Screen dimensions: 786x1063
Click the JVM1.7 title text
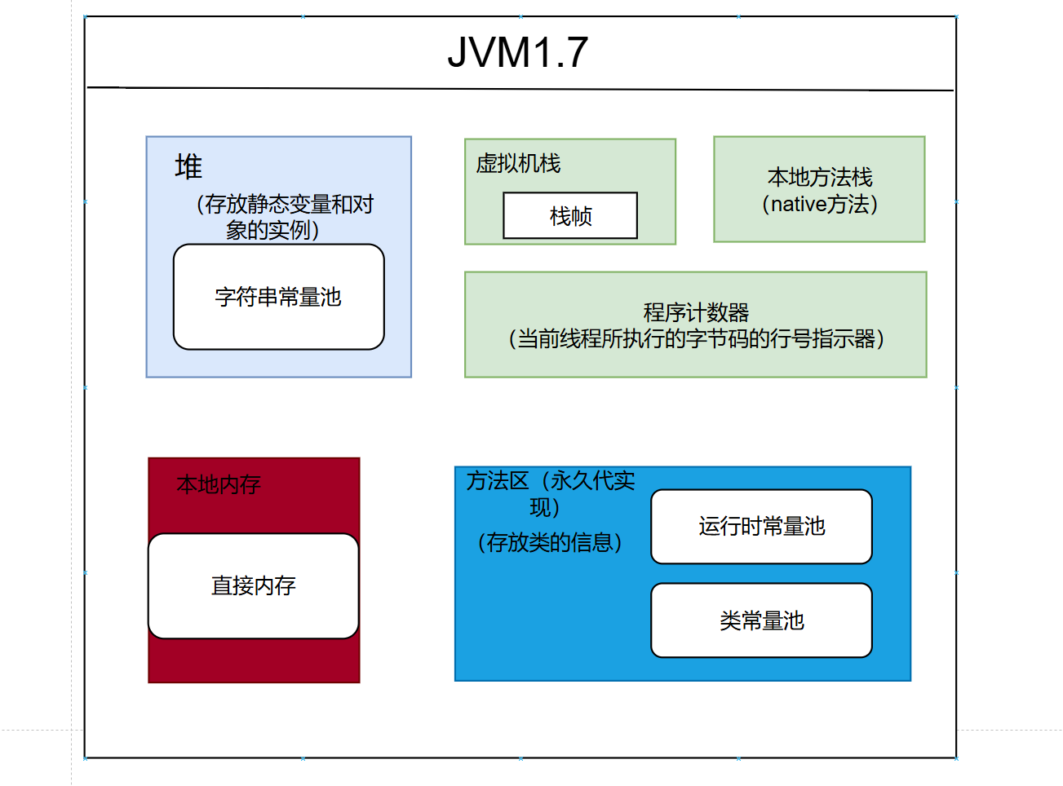pyautogui.click(x=518, y=53)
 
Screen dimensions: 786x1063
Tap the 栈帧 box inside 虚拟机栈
pyautogui.click(x=570, y=216)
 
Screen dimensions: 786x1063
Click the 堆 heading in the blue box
pyautogui.click(x=188, y=167)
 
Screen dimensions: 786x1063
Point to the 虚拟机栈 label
pyautogui.click(x=519, y=164)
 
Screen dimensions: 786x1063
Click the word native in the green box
pyautogui.click(x=799, y=204)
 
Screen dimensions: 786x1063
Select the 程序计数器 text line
pyautogui.click(x=696, y=312)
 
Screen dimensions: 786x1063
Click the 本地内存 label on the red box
pyautogui.click(x=219, y=485)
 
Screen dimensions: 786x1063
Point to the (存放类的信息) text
pyautogui.click(x=550, y=542)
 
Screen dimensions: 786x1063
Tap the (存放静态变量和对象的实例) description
pyautogui.click(x=284, y=217)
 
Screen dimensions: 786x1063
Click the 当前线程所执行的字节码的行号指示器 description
pyautogui.click(x=696, y=338)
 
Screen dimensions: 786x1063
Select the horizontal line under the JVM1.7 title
pyautogui.click(x=520, y=88)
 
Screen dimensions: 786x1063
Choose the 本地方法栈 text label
pyautogui.click(x=820, y=177)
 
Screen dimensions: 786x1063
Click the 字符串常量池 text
pyautogui.click(x=278, y=297)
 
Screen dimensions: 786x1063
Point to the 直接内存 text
pyautogui.click(x=253, y=585)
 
